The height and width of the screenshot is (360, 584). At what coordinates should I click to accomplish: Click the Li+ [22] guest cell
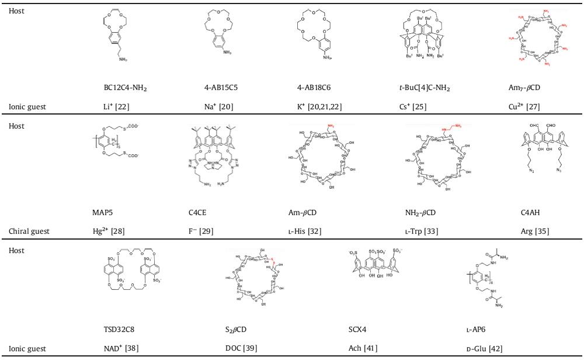(x=116, y=107)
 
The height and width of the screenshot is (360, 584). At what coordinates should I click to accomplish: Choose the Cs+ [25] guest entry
(x=409, y=107)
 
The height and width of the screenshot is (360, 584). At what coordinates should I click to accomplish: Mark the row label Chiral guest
(x=29, y=231)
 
